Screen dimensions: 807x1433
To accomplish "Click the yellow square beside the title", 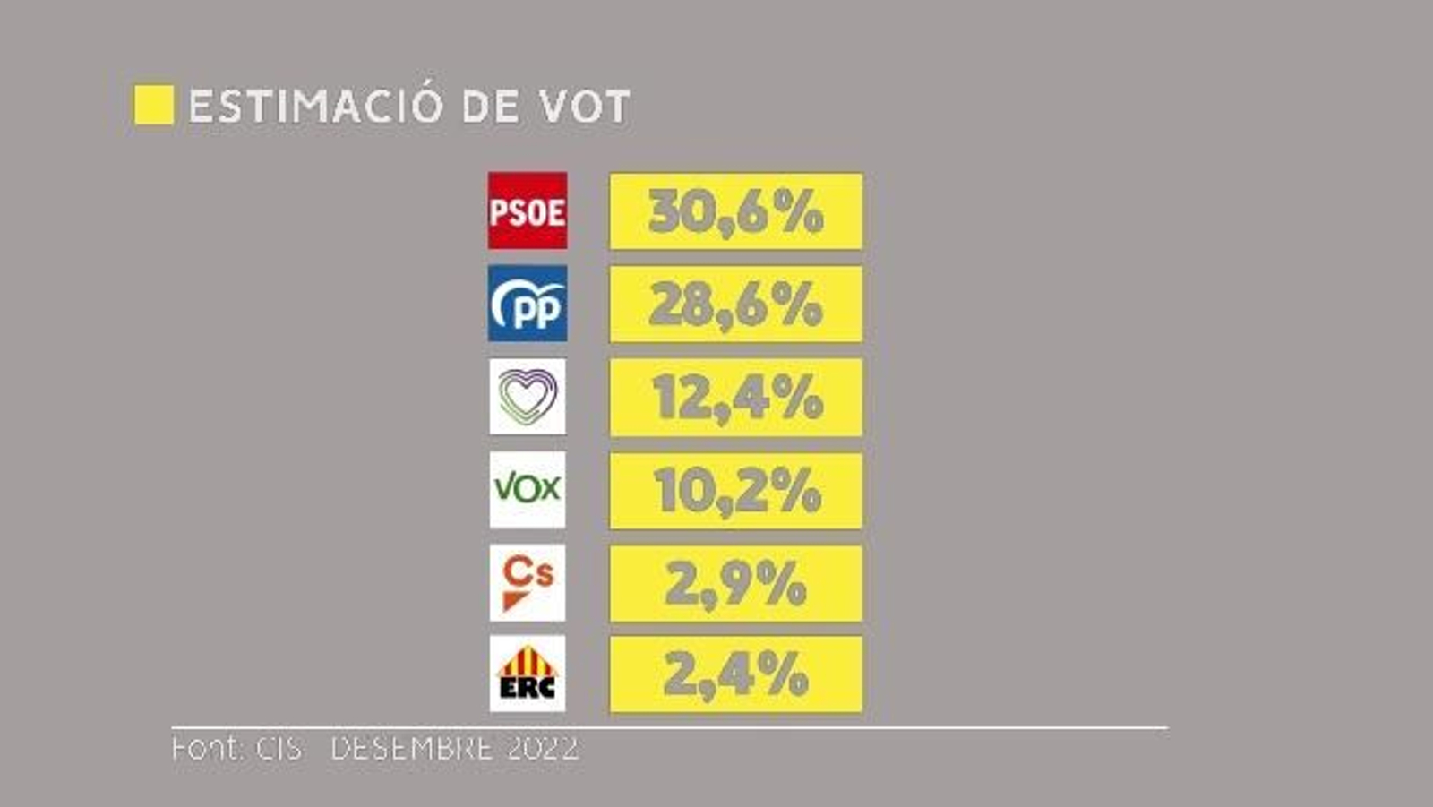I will pyautogui.click(x=153, y=105).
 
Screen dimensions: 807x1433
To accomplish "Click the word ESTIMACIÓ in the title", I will pyautogui.click(x=315, y=106).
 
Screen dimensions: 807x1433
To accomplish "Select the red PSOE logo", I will pyautogui.click(x=528, y=210).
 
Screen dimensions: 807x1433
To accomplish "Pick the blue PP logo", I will pyautogui.click(x=528, y=304).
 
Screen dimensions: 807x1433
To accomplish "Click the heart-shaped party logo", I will pyautogui.click(x=528, y=396).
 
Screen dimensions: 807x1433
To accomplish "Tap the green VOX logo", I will pyautogui.click(x=528, y=489).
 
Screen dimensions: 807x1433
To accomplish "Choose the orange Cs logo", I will pyautogui.click(x=528, y=582).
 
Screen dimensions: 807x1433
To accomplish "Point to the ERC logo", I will pyautogui.click(x=528, y=674).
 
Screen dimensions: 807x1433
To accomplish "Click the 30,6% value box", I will pyautogui.click(x=735, y=211).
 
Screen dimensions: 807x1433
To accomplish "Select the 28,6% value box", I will pyautogui.click(x=735, y=305).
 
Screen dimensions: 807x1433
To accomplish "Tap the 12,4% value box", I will pyautogui.click(x=735, y=398).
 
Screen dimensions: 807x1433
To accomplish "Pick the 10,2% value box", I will pyautogui.click(x=735, y=491).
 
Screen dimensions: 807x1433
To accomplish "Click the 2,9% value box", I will pyautogui.click(x=735, y=584).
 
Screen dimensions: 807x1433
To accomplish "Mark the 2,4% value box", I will pyautogui.click(x=735, y=674).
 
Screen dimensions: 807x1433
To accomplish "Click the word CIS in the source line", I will pyautogui.click(x=279, y=748).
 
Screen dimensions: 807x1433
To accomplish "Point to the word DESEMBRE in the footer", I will pyautogui.click(x=411, y=748).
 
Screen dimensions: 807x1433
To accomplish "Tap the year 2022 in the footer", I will pyautogui.click(x=543, y=748).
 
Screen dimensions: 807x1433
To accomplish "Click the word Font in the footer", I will pyautogui.click(x=206, y=748).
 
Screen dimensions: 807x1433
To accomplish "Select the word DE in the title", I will pyautogui.click(x=490, y=107).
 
